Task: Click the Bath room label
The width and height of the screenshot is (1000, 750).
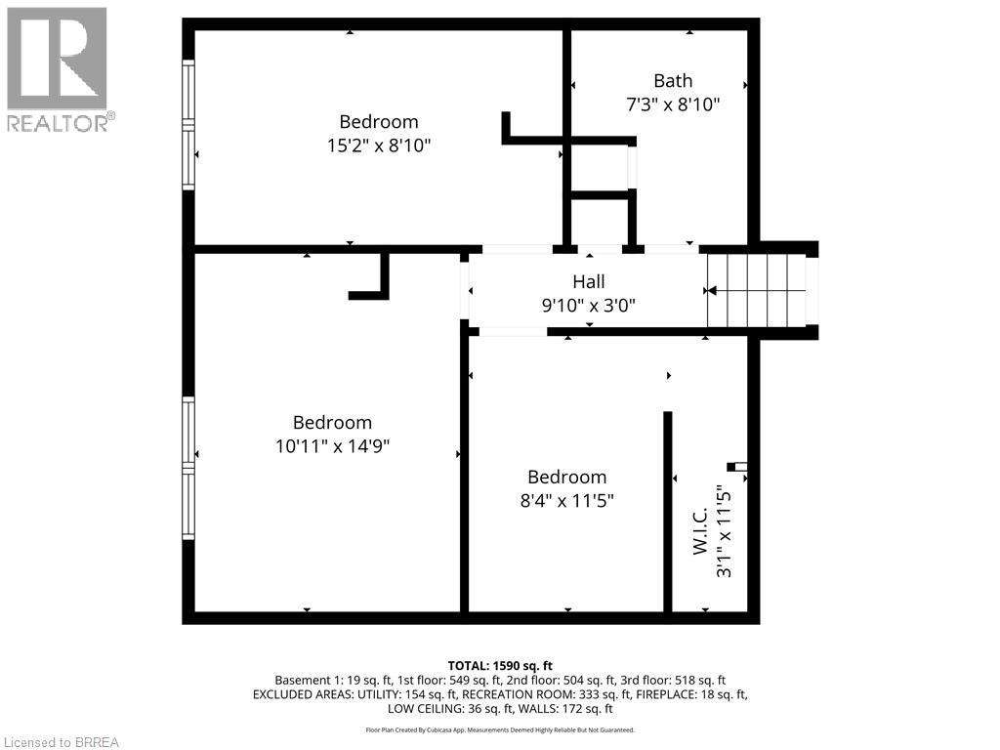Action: click(x=673, y=81)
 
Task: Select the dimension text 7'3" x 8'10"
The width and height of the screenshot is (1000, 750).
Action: click(x=673, y=104)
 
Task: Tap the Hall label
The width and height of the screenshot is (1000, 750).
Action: click(x=589, y=282)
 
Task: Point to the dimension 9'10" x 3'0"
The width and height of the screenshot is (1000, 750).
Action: click(x=589, y=305)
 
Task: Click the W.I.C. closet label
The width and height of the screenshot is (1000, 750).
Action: click(x=700, y=531)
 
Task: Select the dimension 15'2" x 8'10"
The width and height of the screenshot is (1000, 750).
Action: click(x=379, y=146)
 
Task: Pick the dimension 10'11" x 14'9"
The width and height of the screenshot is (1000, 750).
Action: click(x=332, y=446)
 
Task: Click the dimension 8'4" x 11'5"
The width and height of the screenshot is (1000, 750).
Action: click(x=566, y=500)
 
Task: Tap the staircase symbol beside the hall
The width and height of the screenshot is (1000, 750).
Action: click(x=757, y=290)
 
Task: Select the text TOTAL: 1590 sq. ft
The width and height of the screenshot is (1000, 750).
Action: click(x=500, y=665)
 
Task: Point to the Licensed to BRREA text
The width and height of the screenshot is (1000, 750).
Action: click(x=60, y=742)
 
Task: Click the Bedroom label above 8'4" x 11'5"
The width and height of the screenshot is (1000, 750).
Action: click(x=566, y=477)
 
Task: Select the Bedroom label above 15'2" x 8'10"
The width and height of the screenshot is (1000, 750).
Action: click(x=379, y=122)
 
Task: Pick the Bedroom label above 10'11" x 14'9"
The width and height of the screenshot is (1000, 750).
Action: click(x=332, y=423)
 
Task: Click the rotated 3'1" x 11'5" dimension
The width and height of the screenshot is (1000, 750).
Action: click(x=724, y=531)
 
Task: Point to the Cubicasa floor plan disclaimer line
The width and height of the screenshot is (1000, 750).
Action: click(x=500, y=729)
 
